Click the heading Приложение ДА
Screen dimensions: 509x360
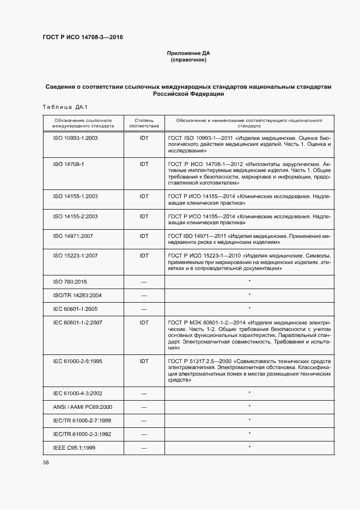pos(188,53)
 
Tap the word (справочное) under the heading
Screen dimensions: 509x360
pos(188,60)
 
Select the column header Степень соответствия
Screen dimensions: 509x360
pos(144,122)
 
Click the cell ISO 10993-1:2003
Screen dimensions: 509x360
pos(75,138)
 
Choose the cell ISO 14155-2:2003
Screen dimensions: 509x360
pos(75,217)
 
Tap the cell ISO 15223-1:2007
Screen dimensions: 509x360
pos(75,255)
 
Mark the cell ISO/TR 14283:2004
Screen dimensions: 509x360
pos(78,295)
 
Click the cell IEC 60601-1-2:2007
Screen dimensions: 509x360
pos(78,323)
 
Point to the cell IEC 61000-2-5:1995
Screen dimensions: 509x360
pos(78,361)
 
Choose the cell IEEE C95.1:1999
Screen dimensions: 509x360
pos(75,447)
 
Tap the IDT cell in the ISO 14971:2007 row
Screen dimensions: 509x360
pos(144,236)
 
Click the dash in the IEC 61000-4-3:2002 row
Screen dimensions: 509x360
pos(144,393)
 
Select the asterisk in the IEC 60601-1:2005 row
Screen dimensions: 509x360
pos(249,309)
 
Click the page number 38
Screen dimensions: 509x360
pos(46,463)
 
